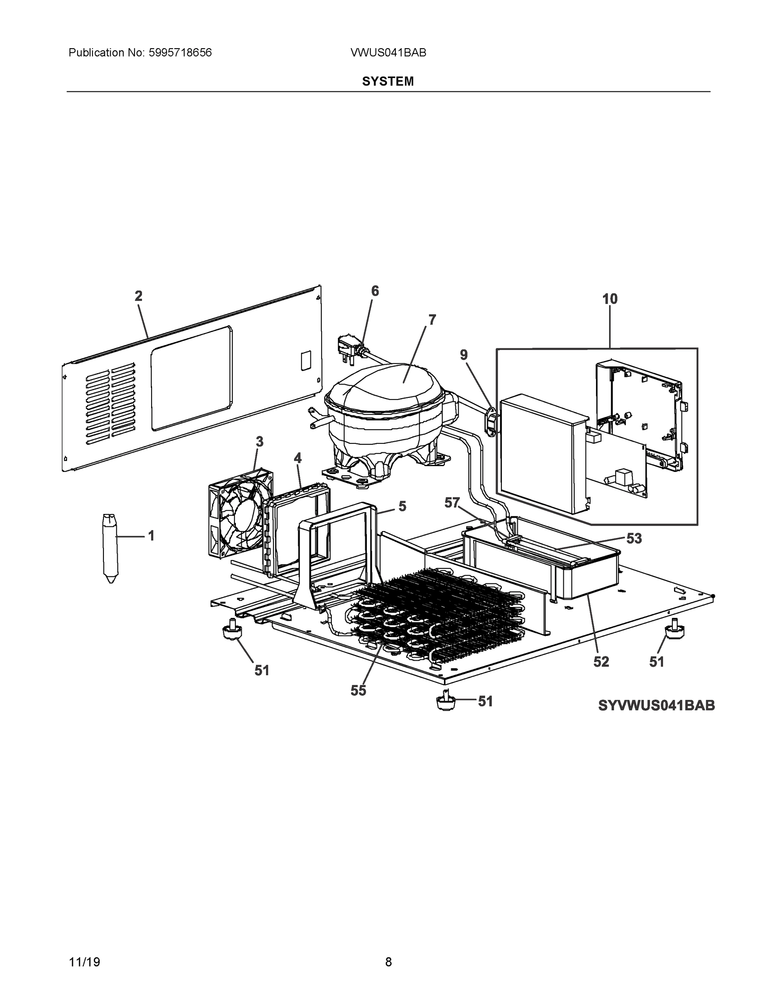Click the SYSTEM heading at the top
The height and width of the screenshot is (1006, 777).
pyautogui.click(x=387, y=82)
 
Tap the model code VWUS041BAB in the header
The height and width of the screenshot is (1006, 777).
pyautogui.click(x=388, y=53)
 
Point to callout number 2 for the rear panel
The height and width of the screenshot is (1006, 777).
pyautogui.click(x=139, y=296)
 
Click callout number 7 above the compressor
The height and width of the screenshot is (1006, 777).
pyautogui.click(x=432, y=320)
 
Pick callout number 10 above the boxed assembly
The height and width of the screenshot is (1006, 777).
pyautogui.click(x=610, y=299)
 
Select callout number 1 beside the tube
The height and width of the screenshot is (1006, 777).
pyautogui.click(x=151, y=536)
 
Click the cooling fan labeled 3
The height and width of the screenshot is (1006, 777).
pyautogui.click(x=239, y=513)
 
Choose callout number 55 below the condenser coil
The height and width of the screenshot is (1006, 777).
pyautogui.click(x=358, y=690)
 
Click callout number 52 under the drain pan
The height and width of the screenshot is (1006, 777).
pyautogui.click(x=601, y=662)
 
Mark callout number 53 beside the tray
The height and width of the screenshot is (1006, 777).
pyautogui.click(x=634, y=539)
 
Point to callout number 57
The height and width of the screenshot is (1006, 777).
pyautogui.click(x=452, y=503)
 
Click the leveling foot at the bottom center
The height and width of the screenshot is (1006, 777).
pyautogui.click(x=446, y=703)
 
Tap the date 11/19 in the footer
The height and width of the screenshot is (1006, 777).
pyautogui.click(x=84, y=962)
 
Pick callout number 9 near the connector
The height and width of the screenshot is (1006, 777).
pyautogui.click(x=464, y=355)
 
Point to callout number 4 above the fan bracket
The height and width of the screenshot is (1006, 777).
pyautogui.click(x=298, y=458)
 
